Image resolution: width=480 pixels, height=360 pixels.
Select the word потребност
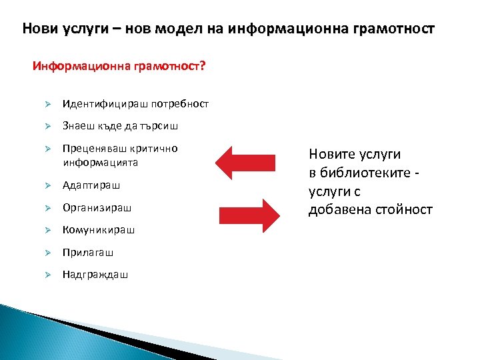180,104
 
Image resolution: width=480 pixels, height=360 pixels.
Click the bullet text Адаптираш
92,185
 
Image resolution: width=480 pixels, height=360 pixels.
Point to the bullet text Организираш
97,207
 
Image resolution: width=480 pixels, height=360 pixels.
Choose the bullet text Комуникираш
99,230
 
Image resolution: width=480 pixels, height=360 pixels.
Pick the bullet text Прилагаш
88,253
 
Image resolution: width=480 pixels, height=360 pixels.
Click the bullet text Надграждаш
95,275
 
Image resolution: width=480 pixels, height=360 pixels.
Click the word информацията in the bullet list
100,161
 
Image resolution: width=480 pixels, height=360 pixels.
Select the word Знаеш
77,126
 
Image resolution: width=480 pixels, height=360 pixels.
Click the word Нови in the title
35,29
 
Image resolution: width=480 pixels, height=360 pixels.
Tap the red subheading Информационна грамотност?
119,67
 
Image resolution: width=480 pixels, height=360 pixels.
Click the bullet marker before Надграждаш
48,275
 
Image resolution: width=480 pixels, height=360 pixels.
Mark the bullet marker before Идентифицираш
48,104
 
